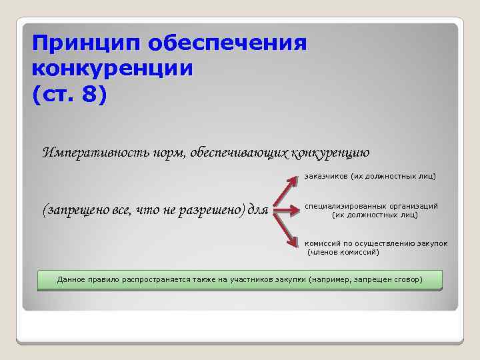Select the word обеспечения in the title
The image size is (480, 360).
[227, 45]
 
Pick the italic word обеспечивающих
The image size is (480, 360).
[238, 152]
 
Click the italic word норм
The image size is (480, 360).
[167, 152]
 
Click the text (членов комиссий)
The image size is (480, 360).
[343, 253]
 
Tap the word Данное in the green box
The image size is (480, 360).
[71, 279]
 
